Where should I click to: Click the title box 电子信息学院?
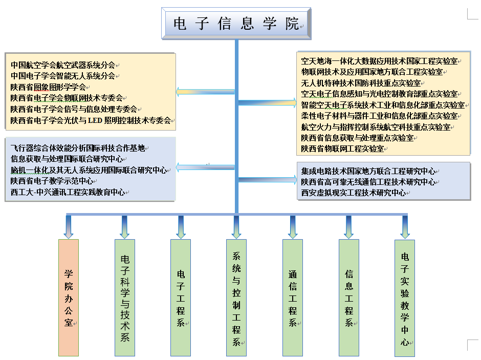click(236, 24)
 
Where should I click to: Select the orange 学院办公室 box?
click(69, 297)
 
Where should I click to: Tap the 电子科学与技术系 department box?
click(125, 297)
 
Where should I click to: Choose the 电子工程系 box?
click(181, 297)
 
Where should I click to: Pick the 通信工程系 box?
click(293, 297)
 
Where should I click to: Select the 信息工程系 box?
click(349, 297)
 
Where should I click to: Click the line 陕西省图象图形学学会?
click(48, 87)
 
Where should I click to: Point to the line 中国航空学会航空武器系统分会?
click(63, 65)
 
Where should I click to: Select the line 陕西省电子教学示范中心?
click(52, 181)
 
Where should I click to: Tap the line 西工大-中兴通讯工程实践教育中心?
click(68, 192)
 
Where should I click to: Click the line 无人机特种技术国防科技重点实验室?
click(362, 82)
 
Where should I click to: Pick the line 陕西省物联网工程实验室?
click(342, 149)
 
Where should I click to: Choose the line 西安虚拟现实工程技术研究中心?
click(353, 193)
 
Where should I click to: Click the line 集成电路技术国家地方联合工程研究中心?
click(368, 171)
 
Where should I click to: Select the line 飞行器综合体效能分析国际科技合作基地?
click(78, 148)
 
